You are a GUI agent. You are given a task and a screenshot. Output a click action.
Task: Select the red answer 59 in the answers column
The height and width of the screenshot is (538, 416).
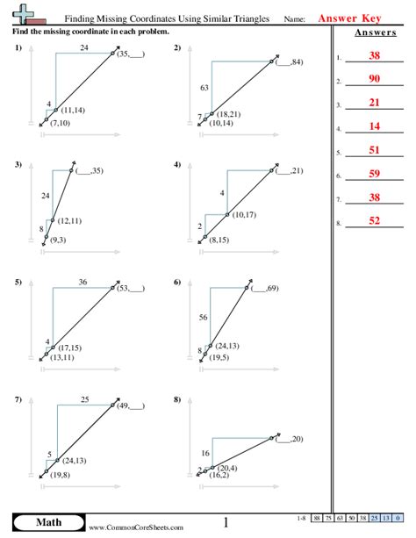[x=374, y=176]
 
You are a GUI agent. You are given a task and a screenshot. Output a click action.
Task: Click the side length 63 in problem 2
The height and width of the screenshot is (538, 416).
[x=204, y=88]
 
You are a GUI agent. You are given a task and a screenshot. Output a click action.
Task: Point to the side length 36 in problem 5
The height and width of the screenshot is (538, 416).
[x=83, y=282]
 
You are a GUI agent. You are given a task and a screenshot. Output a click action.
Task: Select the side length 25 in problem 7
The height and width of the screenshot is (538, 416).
[x=84, y=400]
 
